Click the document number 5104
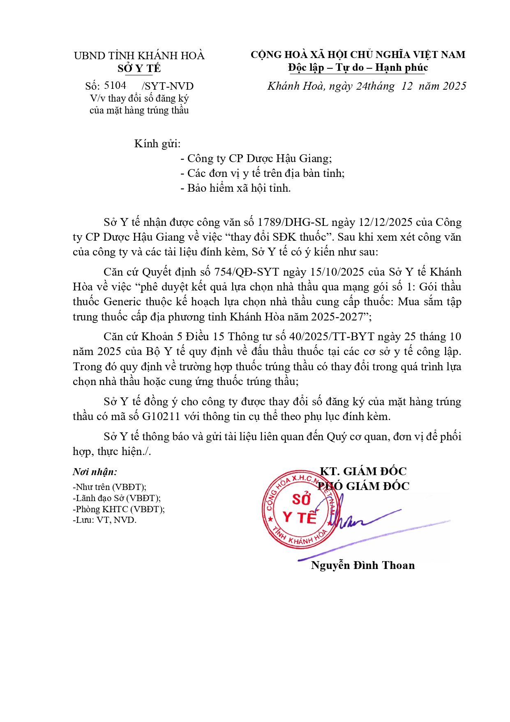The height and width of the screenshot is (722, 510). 115,85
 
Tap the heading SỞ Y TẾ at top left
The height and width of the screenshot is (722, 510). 139,68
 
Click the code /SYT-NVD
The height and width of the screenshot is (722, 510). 168,86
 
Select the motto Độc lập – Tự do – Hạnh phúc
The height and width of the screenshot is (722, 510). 358,67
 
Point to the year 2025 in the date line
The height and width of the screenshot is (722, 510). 455,86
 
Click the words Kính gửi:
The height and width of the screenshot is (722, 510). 157,144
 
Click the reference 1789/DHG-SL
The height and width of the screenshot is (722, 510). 293,222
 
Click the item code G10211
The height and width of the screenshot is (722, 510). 161,416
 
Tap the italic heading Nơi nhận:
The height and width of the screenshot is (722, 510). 95,472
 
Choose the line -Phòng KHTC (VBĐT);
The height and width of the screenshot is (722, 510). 119,509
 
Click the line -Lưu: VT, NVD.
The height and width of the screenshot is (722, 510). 104,520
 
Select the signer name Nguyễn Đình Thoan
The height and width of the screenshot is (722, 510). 363,565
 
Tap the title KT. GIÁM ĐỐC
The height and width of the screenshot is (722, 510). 363,471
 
